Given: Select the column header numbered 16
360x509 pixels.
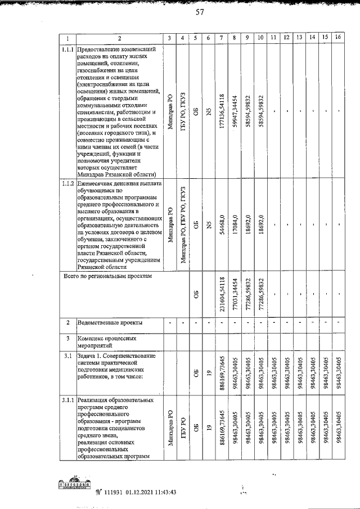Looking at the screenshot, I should click(337, 38).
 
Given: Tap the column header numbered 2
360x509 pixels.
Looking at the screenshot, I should click(119, 38).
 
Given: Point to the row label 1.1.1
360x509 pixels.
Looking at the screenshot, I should click(67, 49).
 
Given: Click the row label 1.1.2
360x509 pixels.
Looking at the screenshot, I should click(67, 184).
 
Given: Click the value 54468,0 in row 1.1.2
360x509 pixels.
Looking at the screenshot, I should click(222, 226).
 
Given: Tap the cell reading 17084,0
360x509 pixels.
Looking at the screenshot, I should click(235, 226).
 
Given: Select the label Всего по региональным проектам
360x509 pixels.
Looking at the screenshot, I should click(109, 276).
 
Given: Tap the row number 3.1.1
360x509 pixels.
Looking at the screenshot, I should click(67, 400).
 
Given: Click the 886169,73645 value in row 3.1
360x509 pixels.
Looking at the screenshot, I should click(222, 372).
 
